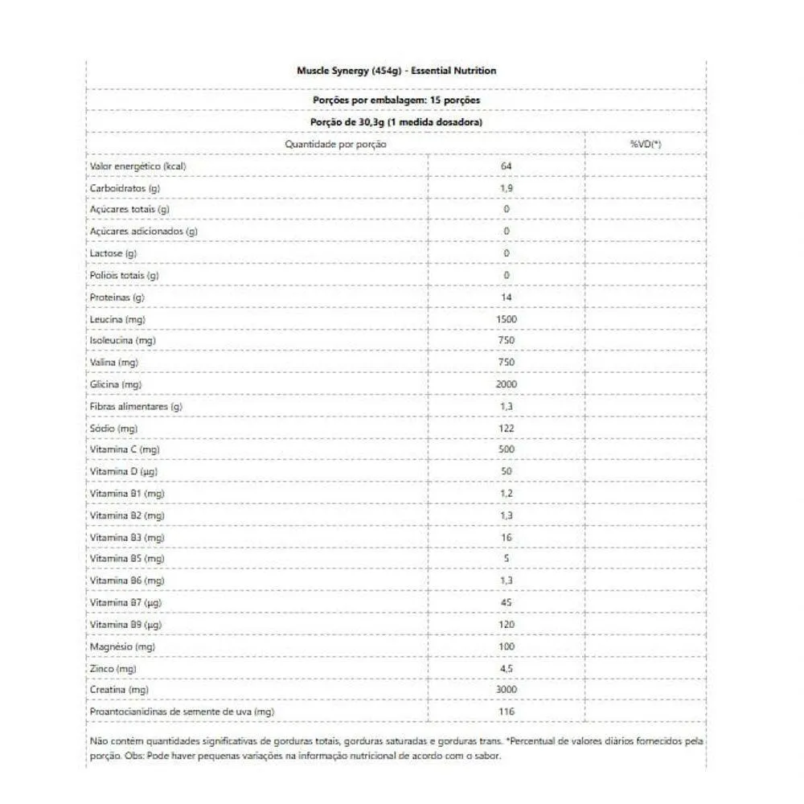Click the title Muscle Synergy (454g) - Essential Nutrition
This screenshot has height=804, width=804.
[x=396, y=71]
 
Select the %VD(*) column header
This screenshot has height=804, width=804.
[x=646, y=144]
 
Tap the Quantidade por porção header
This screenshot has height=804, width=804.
[x=336, y=144]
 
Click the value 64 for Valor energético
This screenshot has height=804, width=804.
[x=507, y=166]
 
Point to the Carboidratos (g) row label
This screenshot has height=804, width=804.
[x=124, y=188]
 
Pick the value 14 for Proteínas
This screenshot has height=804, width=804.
[x=507, y=297]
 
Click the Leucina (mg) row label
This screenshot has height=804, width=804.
[x=117, y=319]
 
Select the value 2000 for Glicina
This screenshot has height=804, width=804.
[x=507, y=385]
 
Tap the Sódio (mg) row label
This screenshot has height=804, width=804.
[x=114, y=429]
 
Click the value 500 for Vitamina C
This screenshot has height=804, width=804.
[x=507, y=449]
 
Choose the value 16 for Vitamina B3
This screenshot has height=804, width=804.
[x=507, y=537]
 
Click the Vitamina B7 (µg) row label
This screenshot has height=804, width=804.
[x=127, y=602]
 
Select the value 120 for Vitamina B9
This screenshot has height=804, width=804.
[x=507, y=625]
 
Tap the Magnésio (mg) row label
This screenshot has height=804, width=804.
[x=122, y=646]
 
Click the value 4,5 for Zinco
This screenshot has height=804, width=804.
[x=507, y=668]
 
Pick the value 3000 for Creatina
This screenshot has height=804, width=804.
[x=507, y=690]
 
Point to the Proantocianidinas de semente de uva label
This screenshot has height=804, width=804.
[x=183, y=712]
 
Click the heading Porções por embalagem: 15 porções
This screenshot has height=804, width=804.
[x=396, y=100]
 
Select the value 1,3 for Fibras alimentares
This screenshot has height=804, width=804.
[x=507, y=407]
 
